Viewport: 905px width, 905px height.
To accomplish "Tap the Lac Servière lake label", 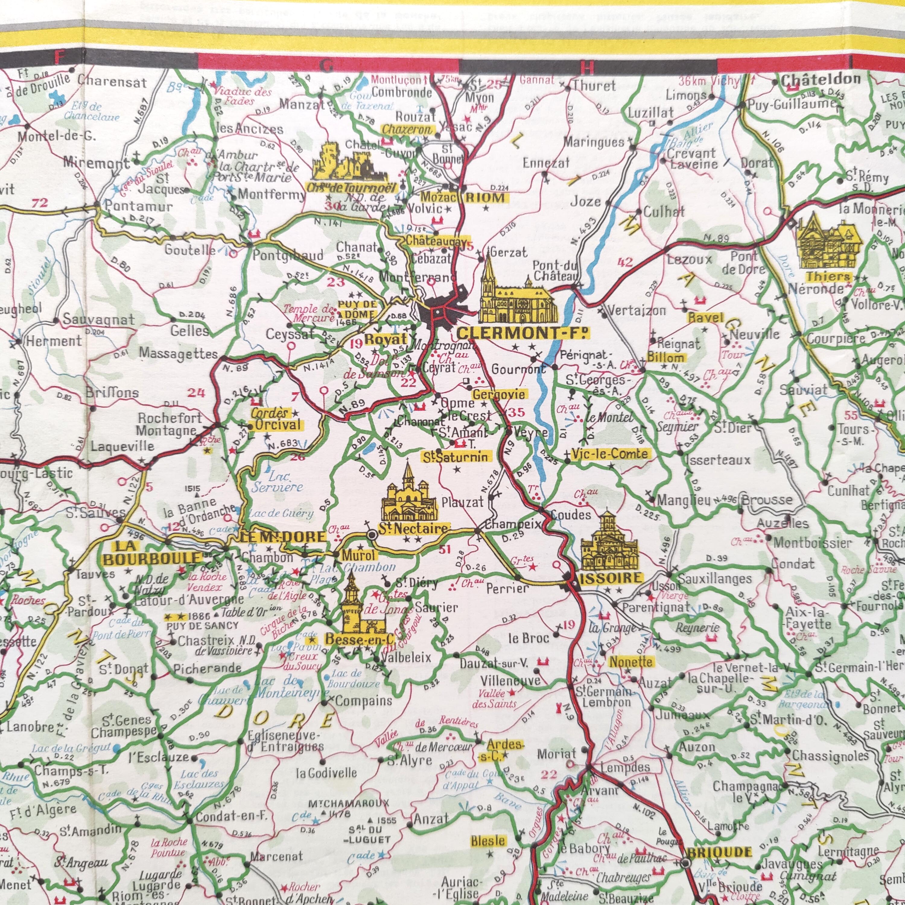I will tap(277, 482).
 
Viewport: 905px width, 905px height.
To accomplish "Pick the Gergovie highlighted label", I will tap(499, 394).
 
